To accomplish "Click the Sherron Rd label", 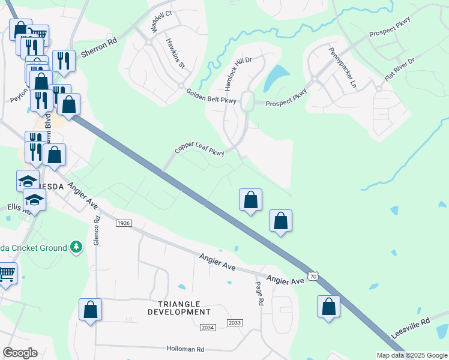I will point(98,49).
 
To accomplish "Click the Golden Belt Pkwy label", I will point(212,96).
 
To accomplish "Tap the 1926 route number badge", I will point(124,223).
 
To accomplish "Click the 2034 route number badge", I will point(208,327).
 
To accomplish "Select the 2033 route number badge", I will point(235,323).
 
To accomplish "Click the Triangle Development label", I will point(179,308).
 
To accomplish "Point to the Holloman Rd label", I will point(185,349).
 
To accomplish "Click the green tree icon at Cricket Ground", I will point(76,247).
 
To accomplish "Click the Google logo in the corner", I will point(20,353).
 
